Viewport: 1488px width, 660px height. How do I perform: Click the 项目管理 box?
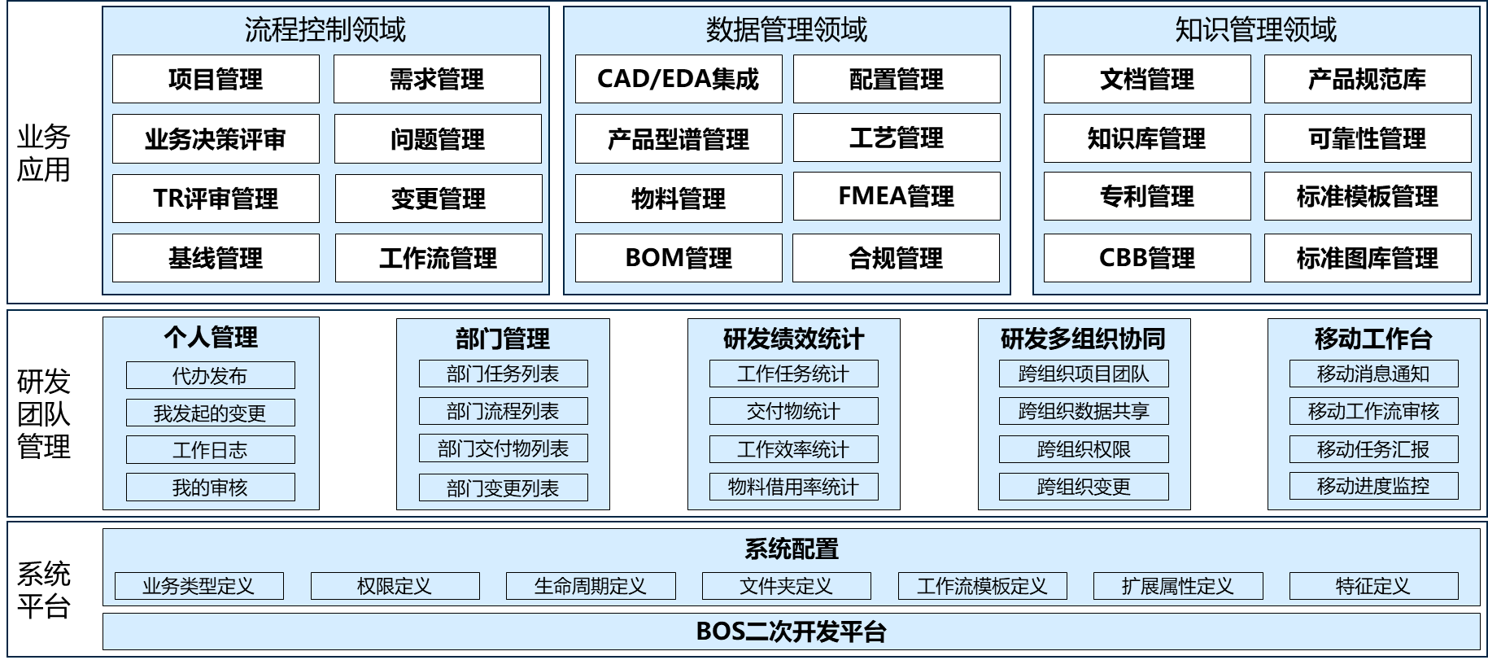point(216,79)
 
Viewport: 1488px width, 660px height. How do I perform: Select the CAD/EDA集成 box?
point(678,79)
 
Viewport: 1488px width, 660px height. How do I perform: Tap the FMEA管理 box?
point(896,196)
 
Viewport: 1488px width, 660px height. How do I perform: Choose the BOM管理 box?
point(678,258)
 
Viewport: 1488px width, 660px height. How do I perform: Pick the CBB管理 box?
point(1146,258)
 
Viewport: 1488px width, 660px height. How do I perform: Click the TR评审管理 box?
point(216,199)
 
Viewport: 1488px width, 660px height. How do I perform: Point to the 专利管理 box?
point(1146,196)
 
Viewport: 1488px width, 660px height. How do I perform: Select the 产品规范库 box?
point(1367,79)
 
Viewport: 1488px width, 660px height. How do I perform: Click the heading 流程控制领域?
point(325,30)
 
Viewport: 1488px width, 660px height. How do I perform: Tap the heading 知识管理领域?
point(1255,30)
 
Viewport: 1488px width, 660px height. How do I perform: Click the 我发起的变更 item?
point(210,413)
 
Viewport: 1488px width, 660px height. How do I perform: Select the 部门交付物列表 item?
point(503,448)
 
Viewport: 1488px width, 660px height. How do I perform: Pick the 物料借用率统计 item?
point(793,487)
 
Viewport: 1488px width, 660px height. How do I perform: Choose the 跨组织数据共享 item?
point(1083,411)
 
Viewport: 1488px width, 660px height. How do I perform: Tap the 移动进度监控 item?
point(1373,486)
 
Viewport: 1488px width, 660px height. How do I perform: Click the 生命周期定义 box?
point(590,586)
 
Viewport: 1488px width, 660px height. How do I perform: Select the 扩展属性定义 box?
point(1177,586)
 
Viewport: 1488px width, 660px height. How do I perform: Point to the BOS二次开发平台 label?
point(791,632)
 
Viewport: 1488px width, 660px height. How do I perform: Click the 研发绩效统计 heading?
point(793,339)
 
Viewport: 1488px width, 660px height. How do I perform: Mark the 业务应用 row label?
point(44,153)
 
